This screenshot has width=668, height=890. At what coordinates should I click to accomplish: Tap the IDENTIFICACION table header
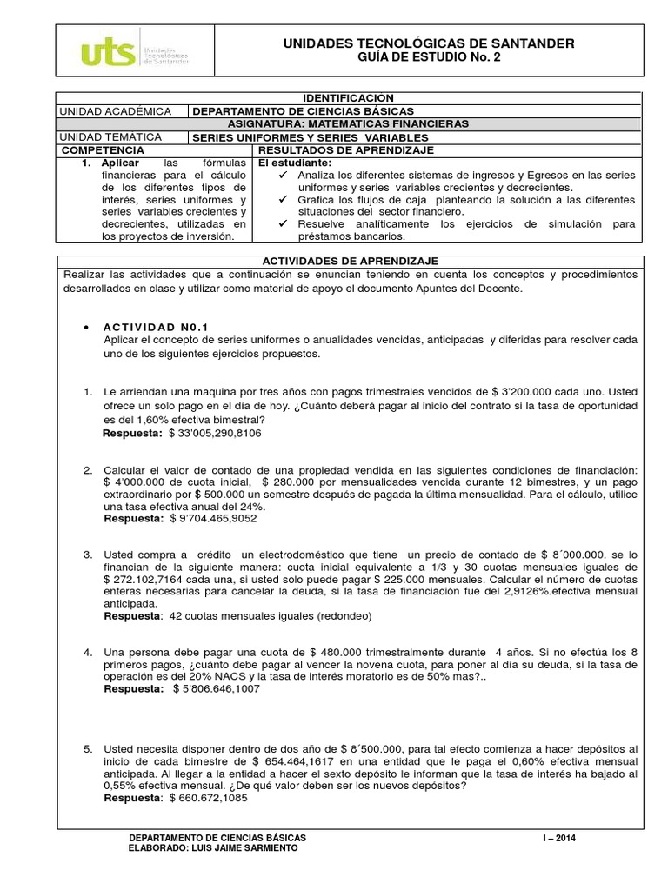pyautogui.click(x=349, y=98)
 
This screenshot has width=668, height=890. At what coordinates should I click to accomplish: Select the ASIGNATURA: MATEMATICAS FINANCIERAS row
pyautogui.click(x=349, y=124)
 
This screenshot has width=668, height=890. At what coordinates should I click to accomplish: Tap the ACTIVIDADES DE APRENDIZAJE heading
pyautogui.click(x=349, y=261)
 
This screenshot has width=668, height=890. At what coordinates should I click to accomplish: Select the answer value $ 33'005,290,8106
pyautogui.click(x=215, y=432)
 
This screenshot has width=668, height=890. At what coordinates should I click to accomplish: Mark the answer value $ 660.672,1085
pyautogui.click(x=208, y=798)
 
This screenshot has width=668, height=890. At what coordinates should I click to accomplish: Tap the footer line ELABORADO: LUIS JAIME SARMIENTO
pyautogui.click(x=212, y=848)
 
